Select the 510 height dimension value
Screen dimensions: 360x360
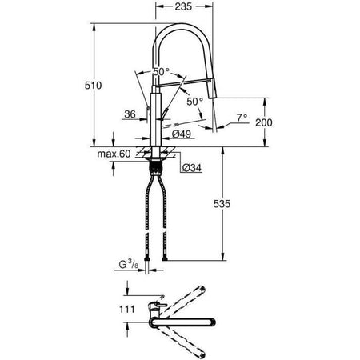(101, 86)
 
